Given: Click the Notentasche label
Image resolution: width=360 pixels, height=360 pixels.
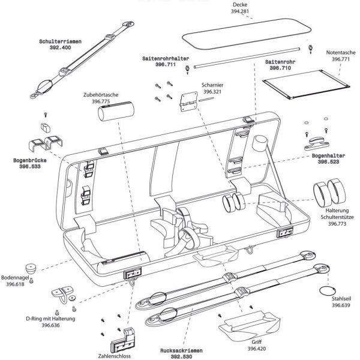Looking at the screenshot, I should coord(342,52).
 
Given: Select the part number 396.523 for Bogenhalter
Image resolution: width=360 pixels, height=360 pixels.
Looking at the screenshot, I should coord(328,161).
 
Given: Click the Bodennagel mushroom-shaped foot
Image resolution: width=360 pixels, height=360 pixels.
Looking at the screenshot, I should coord(31,268).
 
